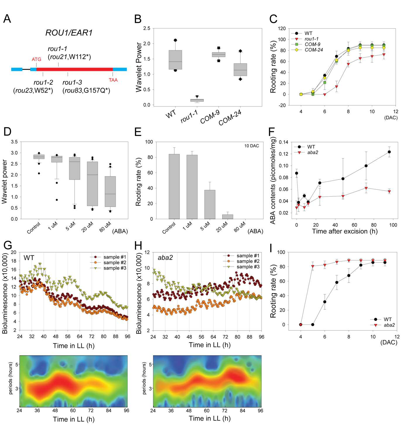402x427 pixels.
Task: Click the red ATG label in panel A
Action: (x=36, y=59)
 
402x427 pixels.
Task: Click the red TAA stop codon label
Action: (x=113, y=80)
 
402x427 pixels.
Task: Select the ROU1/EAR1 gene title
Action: (x=69, y=33)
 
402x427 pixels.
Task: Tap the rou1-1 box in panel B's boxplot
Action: (x=197, y=100)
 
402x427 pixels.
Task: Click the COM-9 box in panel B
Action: (x=218, y=55)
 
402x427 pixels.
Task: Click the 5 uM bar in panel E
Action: (x=210, y=204)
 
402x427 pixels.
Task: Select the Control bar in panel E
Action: (x=174, y=186)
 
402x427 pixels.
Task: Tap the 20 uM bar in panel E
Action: (x=227, y=217)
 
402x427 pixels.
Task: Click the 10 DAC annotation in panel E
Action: (x=252, y=146)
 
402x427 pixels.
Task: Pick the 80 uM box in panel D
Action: (x=110, y=192)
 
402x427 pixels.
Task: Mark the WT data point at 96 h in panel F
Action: (x=389, y=152)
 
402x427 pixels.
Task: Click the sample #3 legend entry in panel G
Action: (x=108, y=268)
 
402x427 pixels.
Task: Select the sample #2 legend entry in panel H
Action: (x=242, y=261)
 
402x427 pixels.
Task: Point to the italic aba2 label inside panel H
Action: (x=165, y=257)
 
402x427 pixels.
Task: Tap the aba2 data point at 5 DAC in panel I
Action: (x=313, y=266)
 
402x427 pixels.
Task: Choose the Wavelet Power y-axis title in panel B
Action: (x=139, y=67)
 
